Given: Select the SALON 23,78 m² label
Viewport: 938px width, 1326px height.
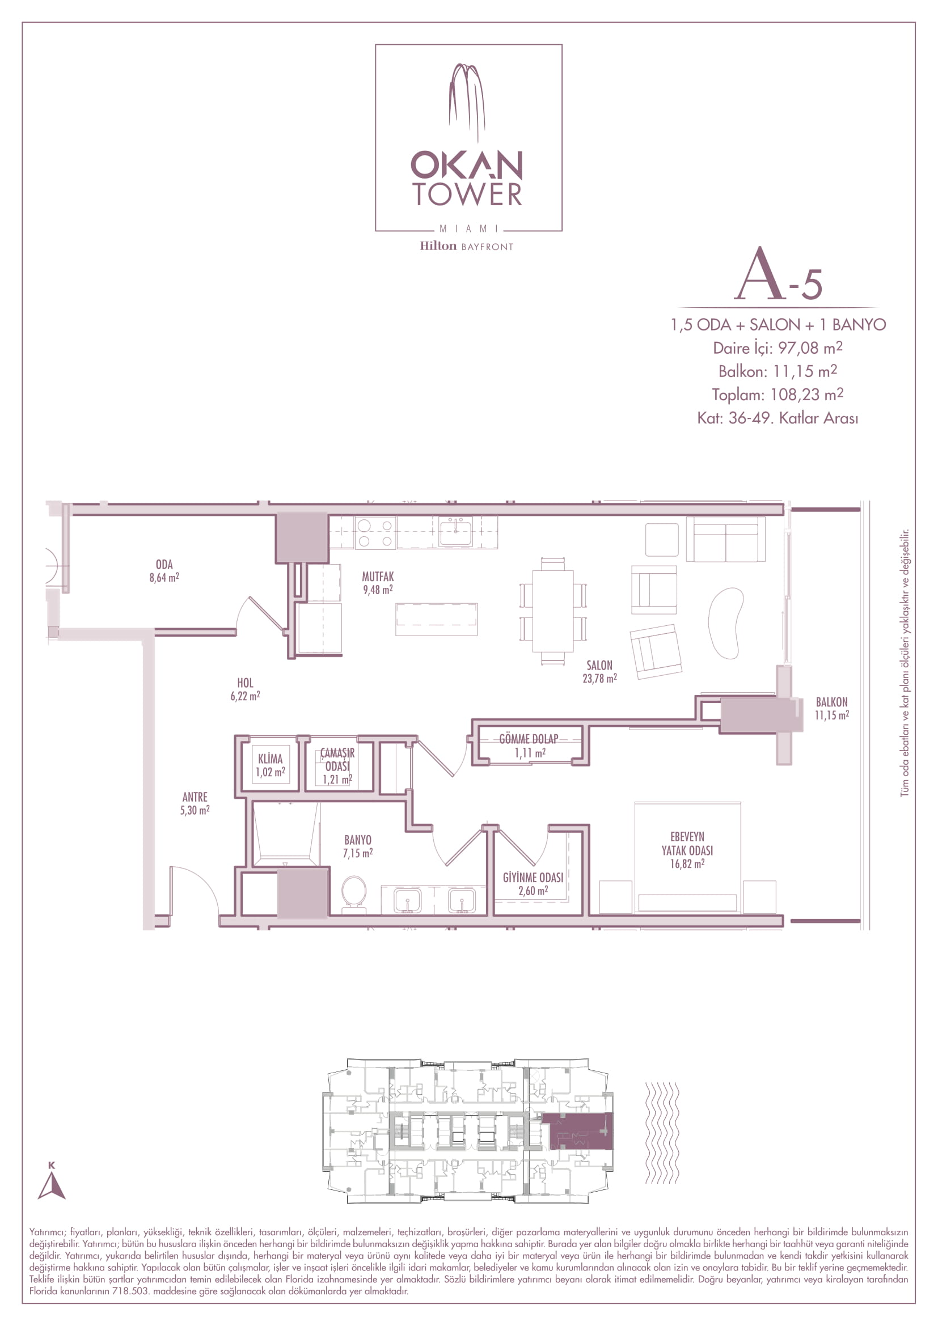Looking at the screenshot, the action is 599,672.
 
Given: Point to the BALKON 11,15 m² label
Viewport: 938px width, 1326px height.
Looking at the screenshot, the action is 832,708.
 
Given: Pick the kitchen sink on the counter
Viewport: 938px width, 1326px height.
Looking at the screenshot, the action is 456,532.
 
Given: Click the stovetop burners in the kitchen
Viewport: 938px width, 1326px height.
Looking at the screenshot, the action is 375,533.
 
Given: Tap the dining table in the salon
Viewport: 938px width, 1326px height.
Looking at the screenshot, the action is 553,611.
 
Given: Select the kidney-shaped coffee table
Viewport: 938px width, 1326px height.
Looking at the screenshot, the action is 726,623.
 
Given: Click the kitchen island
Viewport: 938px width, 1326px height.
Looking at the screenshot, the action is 437,619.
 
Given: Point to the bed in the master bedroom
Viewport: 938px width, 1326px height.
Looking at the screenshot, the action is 687,858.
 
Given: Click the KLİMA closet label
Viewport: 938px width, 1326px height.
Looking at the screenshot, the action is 271,765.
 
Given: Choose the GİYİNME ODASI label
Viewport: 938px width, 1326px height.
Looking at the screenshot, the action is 533,884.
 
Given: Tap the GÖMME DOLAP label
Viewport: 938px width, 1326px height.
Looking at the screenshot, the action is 529,745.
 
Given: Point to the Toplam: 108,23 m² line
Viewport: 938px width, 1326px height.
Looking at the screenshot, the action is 778,395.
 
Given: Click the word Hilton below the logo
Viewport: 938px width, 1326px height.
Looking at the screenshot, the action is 438,246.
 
